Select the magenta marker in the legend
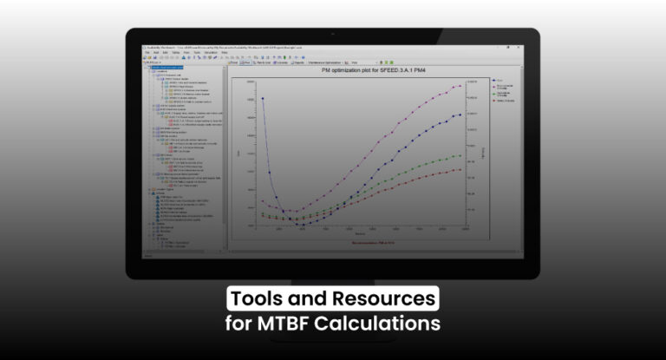pos(493,85)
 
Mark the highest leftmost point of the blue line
pos(262,98)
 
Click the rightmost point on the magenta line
pos(461,86)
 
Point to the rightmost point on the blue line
pos(461,114)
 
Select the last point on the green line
pos(461,155)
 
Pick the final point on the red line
pos(461,169)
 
